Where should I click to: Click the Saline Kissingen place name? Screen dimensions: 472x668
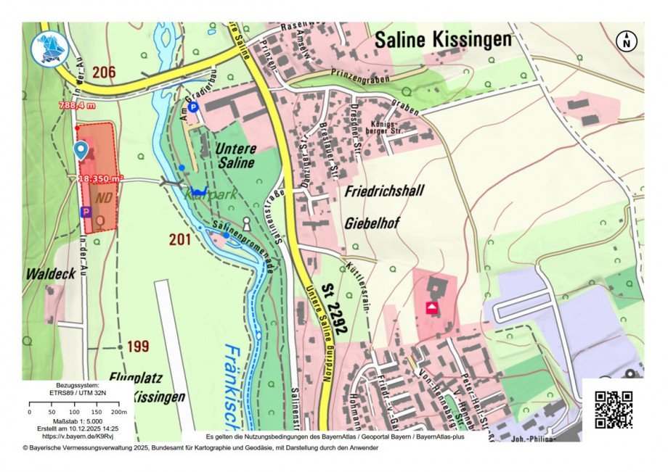(443, 39)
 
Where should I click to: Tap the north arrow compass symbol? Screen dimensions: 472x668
(626, 41)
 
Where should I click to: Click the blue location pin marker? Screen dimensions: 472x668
(81, 150)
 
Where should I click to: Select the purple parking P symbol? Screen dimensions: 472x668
(86, 212)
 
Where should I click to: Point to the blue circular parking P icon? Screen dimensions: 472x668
(193, 107)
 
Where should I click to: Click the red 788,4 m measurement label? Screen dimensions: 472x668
(77, 106)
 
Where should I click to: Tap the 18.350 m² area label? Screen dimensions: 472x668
(100, 178)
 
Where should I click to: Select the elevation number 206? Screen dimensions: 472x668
(104, 71)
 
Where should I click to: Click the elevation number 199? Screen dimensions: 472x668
(138, 347)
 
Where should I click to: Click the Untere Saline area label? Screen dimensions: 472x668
(235, 156)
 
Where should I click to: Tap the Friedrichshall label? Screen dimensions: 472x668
(383, 191)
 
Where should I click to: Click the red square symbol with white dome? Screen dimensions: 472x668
(432, 308)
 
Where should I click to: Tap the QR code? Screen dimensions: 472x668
(614, 410)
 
